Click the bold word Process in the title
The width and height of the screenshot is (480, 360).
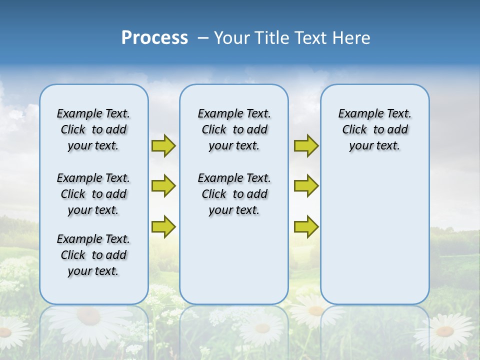(x=154, y=38)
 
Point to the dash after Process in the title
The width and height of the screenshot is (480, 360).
(x=203, y=38)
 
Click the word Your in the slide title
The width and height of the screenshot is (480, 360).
(x=232, y=38)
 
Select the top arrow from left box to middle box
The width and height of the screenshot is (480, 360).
(x=163, y=145)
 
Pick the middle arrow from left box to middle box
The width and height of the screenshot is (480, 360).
(x=163, y=186)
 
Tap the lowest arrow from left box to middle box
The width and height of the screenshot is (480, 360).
(x=163, y=226)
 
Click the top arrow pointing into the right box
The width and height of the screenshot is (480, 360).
(x=306, y=145)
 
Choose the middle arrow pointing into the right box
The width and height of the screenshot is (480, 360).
(x=306, y=186)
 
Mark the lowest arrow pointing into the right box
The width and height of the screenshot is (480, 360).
(x=306, y=226)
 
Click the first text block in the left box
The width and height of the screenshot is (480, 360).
(x=93, y=129)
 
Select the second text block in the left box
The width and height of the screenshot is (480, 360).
(x=93, y=194)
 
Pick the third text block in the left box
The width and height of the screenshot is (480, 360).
(x=93, y=255)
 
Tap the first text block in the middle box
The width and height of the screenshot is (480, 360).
(x=234, y=129)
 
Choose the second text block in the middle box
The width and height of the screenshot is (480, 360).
(x=234, y=194)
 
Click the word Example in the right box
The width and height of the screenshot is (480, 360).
(x=358, y=114)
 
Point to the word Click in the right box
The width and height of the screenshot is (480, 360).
(x=354, y=130)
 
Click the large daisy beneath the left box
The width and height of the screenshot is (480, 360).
(x=88, y=320)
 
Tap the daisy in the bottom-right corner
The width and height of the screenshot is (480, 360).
(x=444, y=331)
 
